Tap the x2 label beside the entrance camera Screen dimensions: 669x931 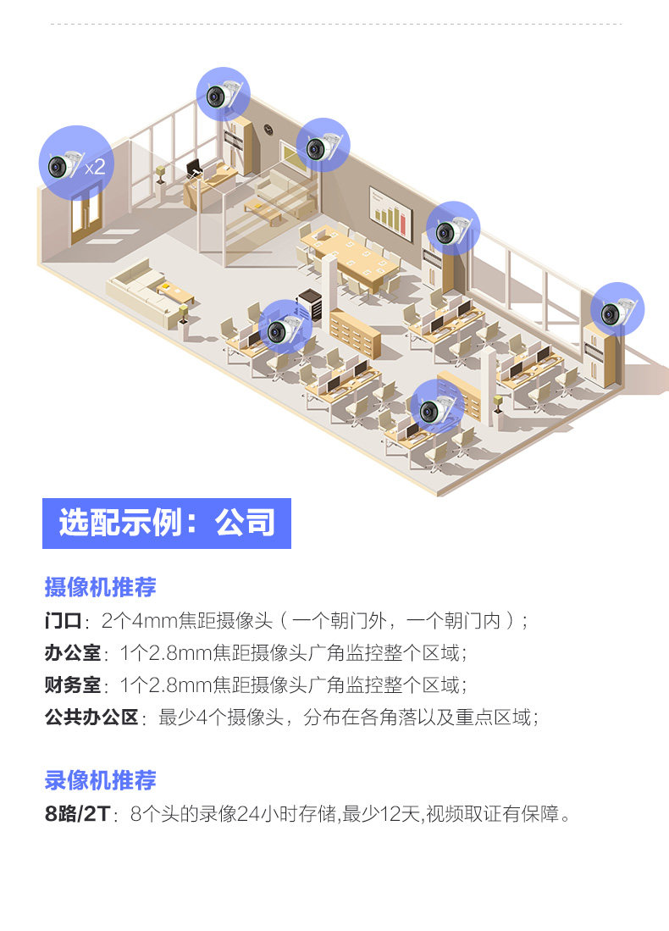tap(95, 167)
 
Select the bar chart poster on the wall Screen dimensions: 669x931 tap(390, 208)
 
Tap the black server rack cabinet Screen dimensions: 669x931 tap(311, 306)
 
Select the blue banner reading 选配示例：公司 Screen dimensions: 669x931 tap(167, 524)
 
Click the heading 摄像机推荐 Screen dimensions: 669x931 tap(100, 586)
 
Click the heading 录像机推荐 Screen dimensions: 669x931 tap(100, 780)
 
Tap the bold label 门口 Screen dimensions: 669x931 tap(63, 621)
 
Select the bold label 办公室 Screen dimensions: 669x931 tap(72, 653)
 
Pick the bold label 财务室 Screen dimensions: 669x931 tap(72, 685)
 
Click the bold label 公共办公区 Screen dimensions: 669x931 tap(91, 718)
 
